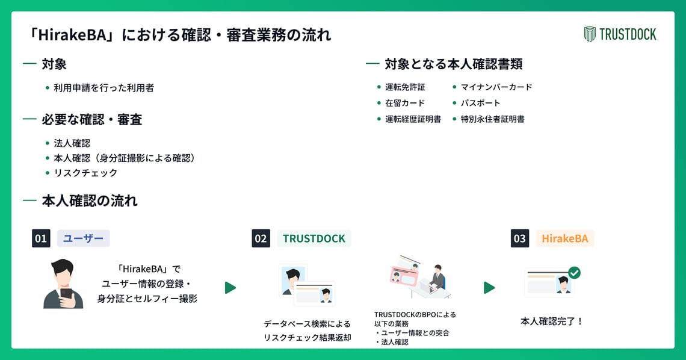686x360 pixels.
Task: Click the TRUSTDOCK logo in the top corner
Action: click(620, 34)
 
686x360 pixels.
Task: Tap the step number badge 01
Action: click(41, 238)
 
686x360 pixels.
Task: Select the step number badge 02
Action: click(261, 238)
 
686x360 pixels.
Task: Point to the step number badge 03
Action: click(520, 238)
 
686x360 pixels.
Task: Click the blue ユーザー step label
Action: click(83, 238)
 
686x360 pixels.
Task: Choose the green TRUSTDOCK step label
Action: click(314, 238)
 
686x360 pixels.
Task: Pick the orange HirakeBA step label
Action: click(565, 238)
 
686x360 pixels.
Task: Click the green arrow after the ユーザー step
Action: click(230, 288)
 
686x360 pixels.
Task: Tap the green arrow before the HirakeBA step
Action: click(489, 288)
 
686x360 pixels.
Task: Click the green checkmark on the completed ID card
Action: click(574, 273)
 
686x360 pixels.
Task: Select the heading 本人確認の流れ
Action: click(90, 201)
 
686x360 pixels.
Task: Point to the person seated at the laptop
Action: click(437, 278)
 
